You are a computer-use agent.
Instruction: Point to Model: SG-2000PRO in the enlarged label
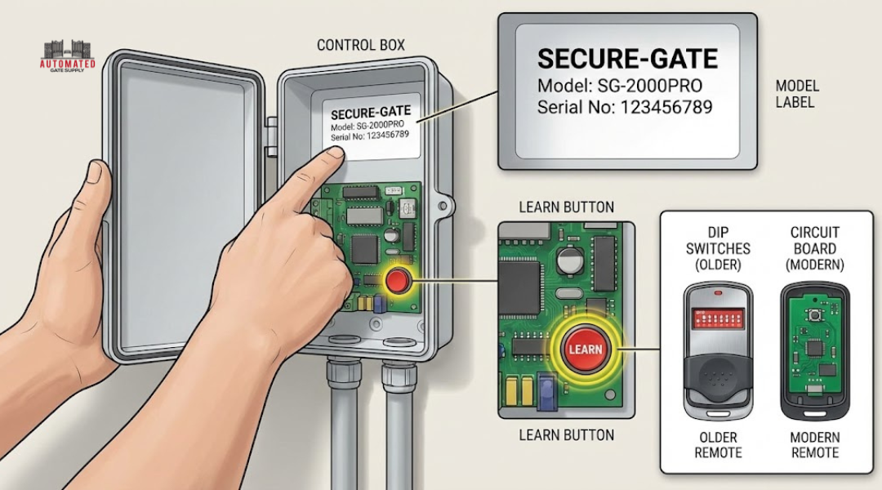pos(619,85)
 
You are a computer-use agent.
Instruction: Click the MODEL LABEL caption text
pos(796,94)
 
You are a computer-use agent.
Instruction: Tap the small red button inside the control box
pos(398,282)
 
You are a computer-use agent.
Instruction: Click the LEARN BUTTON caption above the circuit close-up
pos(566,207)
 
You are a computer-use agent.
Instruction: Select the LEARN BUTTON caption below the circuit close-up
pos(566,434)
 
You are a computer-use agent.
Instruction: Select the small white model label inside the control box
pos(370,127)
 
